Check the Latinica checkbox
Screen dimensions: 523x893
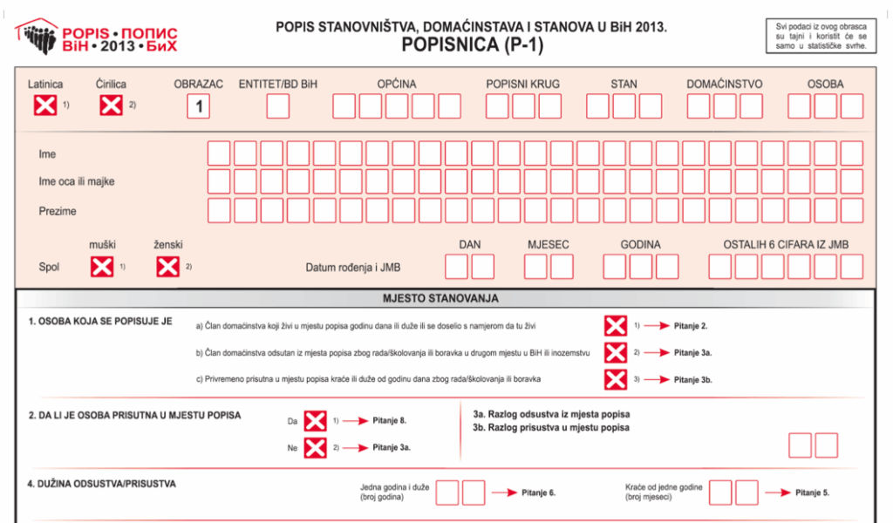tap(44, 106)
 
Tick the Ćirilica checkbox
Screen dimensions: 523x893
tap(111, 106)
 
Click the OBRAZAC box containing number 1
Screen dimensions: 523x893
tap(199, 106)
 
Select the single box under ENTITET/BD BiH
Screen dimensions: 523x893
tap(278, 106)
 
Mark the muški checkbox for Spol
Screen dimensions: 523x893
tap(102, 267)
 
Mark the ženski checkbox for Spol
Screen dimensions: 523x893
tap(167, 267)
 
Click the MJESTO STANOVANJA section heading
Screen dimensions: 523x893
tap(440, 298)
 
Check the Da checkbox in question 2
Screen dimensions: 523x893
tap(314, 421)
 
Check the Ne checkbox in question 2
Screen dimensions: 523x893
tap(314, 448)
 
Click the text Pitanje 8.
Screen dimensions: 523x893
tap(389, 420)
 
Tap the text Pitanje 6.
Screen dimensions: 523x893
tap(538, 492)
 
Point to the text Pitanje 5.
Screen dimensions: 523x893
tap(812, 492)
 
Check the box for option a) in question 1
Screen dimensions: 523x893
tap(616, 326)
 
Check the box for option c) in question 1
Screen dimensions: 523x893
tap(616, 379)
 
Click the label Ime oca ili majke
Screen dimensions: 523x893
tap(77, 182)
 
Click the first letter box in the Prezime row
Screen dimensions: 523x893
tap(219, 211)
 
